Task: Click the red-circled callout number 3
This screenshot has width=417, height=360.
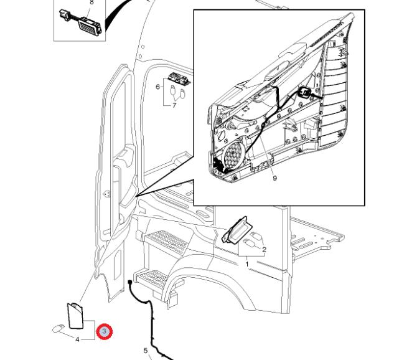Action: point(105,332)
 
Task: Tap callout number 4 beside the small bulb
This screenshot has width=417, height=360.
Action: point(77,339)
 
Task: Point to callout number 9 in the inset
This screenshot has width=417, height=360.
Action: point(274,178)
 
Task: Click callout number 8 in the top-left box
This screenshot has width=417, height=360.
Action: point(91,2)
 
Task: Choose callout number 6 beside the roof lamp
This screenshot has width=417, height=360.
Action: point(157,87)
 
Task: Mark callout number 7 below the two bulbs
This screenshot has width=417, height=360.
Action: point(174,105)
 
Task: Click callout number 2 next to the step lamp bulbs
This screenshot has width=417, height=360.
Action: point(264,250)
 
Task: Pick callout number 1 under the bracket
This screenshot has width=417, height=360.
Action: point(247,264)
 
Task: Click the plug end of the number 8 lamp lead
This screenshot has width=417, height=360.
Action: point(64,14)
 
